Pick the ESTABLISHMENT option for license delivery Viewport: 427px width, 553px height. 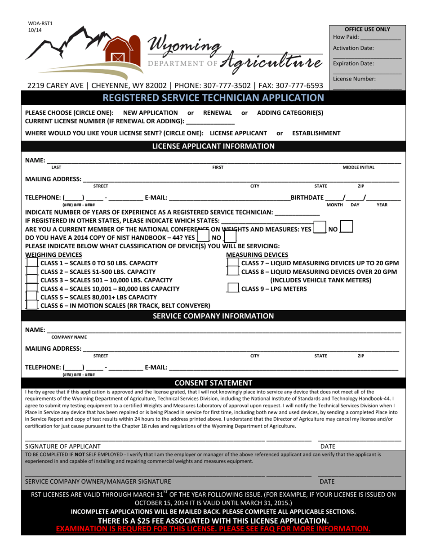coord(316,133)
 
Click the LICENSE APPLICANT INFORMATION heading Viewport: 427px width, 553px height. coord(213,146)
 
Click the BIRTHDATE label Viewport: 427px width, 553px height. coord(307,197)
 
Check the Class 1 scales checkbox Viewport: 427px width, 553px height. coord(31,263)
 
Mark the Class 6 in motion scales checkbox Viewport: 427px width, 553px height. coord(31,305)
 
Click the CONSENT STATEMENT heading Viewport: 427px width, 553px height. coord(213,383)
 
